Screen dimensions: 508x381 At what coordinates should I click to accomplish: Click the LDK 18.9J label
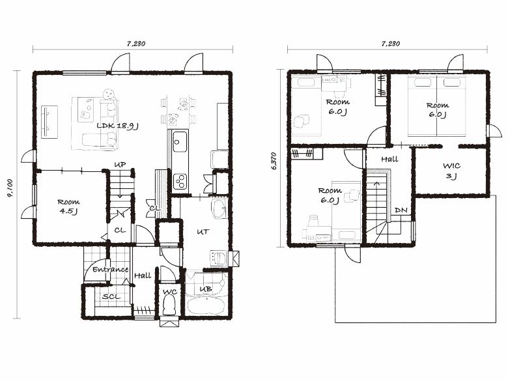point(118,126)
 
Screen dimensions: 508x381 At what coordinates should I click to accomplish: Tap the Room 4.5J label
point(68,206)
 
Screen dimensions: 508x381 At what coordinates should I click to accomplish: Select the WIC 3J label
point(451,171)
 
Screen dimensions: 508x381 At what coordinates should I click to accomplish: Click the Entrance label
point(111,269)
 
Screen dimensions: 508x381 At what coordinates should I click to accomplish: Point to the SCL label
point(111,296)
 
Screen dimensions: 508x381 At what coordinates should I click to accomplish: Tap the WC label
point(170,292)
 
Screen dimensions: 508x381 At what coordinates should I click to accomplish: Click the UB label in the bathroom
point(206,289)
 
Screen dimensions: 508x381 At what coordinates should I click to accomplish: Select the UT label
point(203,232)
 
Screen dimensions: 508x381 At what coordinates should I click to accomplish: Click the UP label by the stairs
point(120,165)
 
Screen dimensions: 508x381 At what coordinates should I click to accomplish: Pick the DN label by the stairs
point(401,210)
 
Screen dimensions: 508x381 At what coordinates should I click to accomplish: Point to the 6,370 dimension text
point(274,161)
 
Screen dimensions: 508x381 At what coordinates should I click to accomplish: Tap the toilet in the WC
point(169,306)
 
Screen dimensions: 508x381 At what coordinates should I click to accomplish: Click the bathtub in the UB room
point(205,306)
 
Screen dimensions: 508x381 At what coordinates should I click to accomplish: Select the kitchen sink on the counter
point(180,141)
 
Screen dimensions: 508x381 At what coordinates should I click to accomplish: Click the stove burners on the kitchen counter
point(180,182)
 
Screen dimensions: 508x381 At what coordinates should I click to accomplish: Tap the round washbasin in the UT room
point(219,209)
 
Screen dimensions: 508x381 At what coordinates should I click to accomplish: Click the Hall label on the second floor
point(389,159)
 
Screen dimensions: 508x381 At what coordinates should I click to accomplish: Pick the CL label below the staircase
point(120,231)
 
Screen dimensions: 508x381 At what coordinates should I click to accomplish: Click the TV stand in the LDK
point(50,122)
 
